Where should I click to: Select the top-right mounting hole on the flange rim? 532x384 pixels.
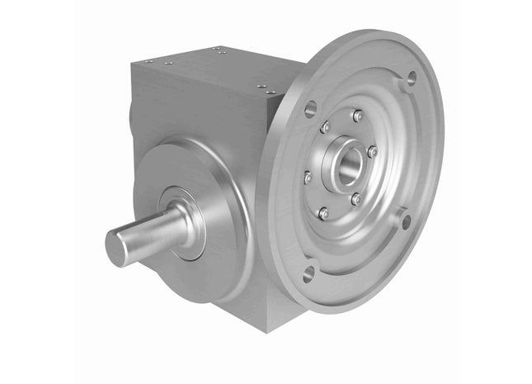pos(410,79)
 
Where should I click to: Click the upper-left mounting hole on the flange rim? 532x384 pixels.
pos(310,107)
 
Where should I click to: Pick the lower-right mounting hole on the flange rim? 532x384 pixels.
pos(404,220)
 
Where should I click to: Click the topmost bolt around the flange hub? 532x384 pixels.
pos(357,116)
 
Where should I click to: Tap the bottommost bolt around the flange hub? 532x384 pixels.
pos(323,214)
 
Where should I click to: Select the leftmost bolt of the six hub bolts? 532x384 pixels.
pos(308,177)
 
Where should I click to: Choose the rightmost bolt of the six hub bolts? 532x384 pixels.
pos(372,152)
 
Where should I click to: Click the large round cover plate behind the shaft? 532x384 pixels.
pos(206,182)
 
